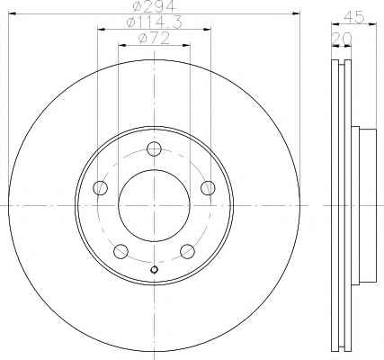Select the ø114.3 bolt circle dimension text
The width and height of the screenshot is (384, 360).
[x=154, y=22]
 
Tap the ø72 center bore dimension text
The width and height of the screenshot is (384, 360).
[x=154, y=39]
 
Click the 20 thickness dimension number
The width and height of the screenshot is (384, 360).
[x=342, y=38]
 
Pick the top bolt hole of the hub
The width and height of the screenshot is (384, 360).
[x=155, y=148]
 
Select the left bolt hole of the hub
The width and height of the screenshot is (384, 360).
[x=101, y=188]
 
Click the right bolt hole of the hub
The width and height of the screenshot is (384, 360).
[x=208, y=188]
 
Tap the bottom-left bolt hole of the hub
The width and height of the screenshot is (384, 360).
[x=121, y=251]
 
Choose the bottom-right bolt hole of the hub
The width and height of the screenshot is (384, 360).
[x=188, y=251]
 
